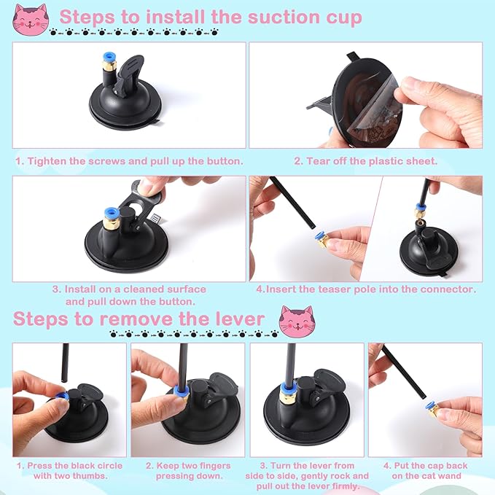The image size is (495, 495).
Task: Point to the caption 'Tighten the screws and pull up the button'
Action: pyautogui.click(x=129, y=160)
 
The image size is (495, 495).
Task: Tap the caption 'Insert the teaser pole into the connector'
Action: pyautogui.click(x=366, y=289)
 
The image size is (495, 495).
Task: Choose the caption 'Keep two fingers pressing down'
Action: pyautogui.click(x=188, y=470)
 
